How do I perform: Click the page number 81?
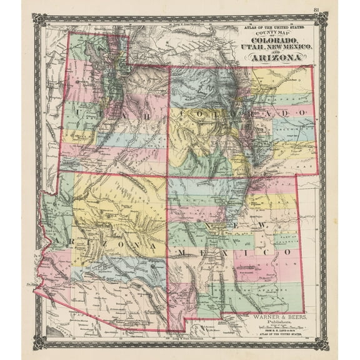(x=317, y=9)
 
